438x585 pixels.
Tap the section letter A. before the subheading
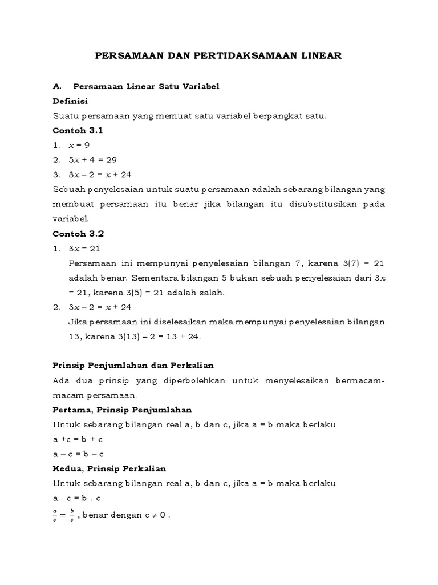pos(56,86)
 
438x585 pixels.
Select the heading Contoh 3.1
pos(78,130)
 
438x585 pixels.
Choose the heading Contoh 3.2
pos(78,234)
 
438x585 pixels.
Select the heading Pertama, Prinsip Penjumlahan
pos(122,410)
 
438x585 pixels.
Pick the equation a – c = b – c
pos(78,454)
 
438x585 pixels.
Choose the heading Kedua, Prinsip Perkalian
pos(109,468)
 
